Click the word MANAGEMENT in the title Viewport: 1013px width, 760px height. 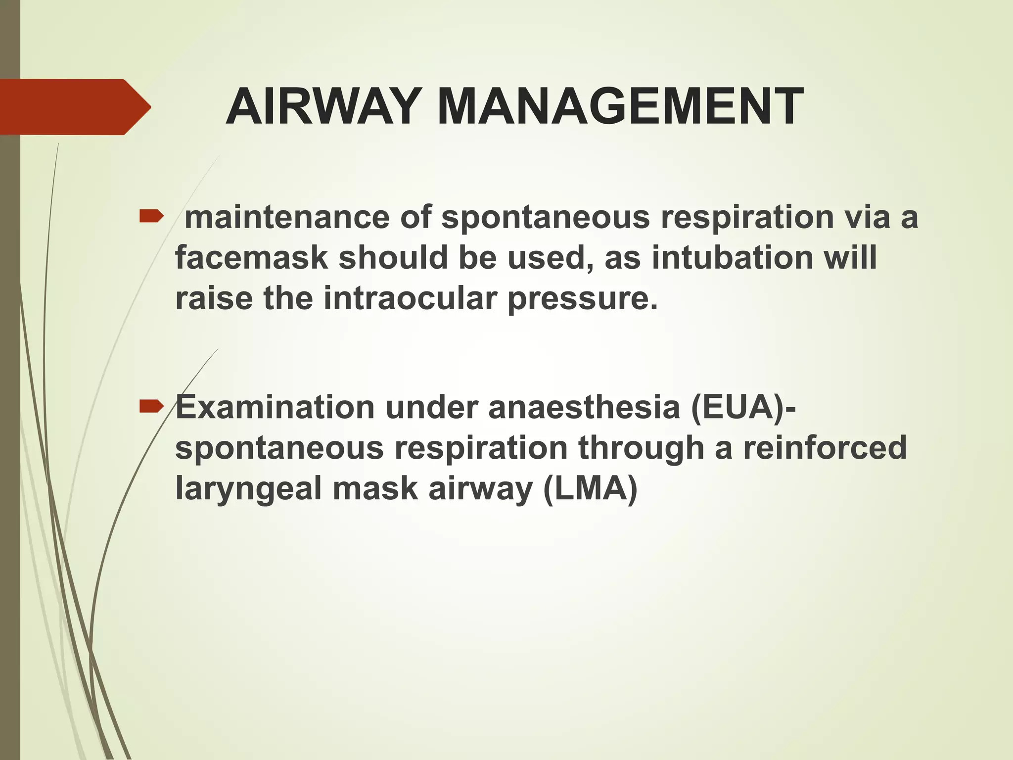620,107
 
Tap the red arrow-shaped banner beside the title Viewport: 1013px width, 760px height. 74,107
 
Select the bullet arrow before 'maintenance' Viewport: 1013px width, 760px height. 151,216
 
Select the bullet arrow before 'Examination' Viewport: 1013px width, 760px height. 151,407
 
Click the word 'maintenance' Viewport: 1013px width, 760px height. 287,217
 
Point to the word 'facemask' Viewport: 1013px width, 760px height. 251,258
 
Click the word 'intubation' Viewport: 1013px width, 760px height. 732,258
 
